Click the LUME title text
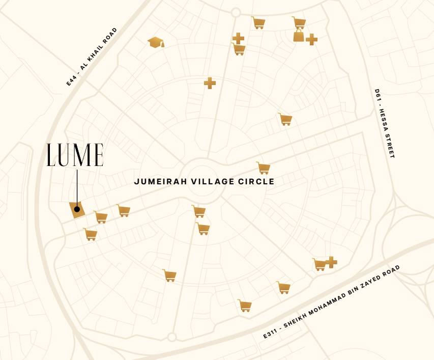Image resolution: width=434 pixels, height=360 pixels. click(x=75, y=155)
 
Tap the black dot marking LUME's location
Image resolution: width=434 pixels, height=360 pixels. click(x=77, y=209)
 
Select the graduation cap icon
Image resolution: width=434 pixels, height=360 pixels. click(x=156, y=42)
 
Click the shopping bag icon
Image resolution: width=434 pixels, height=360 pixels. click(x=299, y=35)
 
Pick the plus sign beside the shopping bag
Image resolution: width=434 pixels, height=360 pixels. click(x=312, y=39)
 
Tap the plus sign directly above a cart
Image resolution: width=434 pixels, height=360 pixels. click(x=238, y=38)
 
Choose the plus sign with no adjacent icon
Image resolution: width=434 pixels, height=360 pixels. click(x=210, y=83)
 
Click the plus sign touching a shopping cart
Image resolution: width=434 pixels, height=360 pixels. click(x=331, y=262)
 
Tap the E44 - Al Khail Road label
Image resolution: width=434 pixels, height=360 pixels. click(x=92, y=57)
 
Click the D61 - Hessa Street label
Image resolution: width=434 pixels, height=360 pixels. click(x=385, y=123)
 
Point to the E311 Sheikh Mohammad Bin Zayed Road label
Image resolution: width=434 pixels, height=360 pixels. click(x=331, y=301)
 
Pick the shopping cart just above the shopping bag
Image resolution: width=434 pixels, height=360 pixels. click(x=299, y=22)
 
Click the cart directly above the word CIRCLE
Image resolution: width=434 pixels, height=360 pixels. click(x=264, y=168)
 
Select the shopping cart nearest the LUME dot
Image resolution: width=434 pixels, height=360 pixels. click(x=101, y=217)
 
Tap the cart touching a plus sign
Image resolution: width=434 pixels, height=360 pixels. click(x=320, y=264)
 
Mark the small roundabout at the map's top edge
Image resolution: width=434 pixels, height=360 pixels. click(x=236, y=12)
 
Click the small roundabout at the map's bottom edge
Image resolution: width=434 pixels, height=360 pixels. click(x=172, y=337)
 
